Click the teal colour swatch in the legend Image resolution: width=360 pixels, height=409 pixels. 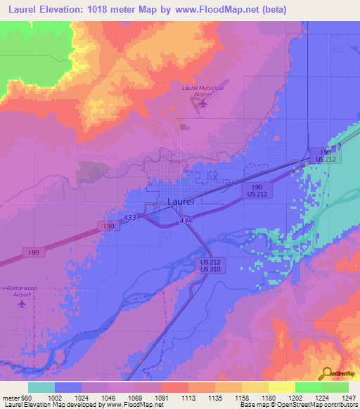41,387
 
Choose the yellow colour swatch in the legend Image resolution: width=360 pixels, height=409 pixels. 281,387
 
